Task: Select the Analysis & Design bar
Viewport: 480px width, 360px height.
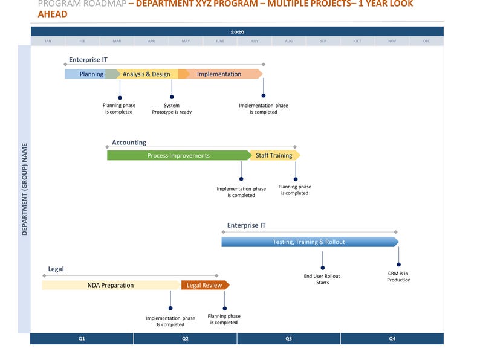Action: click(146, 74)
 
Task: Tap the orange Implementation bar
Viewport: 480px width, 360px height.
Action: click(219, 74)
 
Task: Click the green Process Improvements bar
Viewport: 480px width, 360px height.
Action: click(178, 156)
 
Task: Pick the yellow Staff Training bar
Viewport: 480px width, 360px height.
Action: click(274, 156)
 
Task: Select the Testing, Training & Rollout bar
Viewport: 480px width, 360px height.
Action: click(308, 242)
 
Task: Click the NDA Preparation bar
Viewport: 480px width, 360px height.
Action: click(111, 285)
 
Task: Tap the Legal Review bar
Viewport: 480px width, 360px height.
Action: click(204, 285)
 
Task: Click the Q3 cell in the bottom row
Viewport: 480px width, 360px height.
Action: click(288, 339)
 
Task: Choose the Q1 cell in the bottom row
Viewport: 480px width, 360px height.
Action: click(82, 339)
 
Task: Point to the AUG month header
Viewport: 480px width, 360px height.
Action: click(288, 41)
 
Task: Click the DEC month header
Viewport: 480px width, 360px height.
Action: click(426, 41)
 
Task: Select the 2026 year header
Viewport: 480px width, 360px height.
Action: click(237, 31)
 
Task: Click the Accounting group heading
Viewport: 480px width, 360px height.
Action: click(129, 143)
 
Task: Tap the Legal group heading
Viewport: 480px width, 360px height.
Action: click(56, 269)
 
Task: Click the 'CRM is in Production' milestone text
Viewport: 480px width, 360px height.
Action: click(399, 277)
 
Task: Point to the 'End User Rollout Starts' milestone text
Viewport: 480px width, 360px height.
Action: click(322, 280)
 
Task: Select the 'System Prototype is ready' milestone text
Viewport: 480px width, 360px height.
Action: click(172, 109)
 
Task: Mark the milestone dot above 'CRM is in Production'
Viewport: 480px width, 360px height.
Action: click(399, 265)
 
